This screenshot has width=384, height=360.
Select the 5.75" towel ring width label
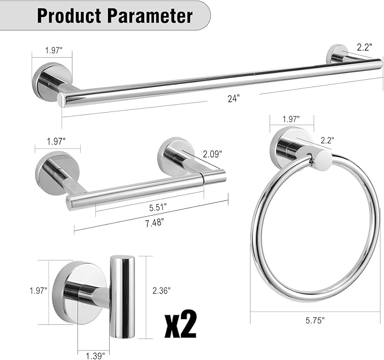pos(315,320)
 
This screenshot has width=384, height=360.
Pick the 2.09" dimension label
pos(213,153)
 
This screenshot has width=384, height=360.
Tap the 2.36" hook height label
pos(161,290)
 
